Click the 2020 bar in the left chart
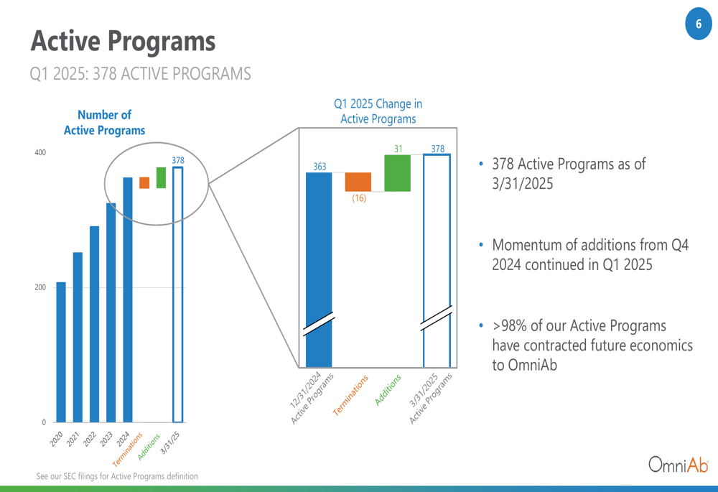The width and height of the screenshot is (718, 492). pos(61,352)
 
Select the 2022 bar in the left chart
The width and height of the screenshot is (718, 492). pos(94,324)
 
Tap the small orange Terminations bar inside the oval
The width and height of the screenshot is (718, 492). pos(144,182)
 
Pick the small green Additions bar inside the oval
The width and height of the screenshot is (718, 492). pos(161,177)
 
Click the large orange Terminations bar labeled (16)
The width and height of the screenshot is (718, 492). pos(358,182)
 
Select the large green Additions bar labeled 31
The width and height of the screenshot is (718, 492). pos(398,173)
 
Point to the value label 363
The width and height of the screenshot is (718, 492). pos(320,167)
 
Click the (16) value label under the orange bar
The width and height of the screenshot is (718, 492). pos(359,198)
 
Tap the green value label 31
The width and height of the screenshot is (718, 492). pos(398,149)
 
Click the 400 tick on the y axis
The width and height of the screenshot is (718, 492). pos(40,152)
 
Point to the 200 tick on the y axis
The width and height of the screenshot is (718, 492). pos(40,287)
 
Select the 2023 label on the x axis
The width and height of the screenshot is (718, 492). pos(106,438)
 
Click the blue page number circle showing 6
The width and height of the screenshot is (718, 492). pos(699,24)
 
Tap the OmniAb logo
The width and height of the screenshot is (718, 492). pos(679,464)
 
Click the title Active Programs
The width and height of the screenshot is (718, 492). pos(123,41)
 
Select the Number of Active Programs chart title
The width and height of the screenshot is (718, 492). pos(104,122)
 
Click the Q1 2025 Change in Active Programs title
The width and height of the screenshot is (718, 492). pos(378,111)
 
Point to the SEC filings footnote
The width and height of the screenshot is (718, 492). pos(117,476)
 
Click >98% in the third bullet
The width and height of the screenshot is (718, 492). pos(509,325)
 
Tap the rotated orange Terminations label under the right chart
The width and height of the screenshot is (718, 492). pos(350,395)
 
